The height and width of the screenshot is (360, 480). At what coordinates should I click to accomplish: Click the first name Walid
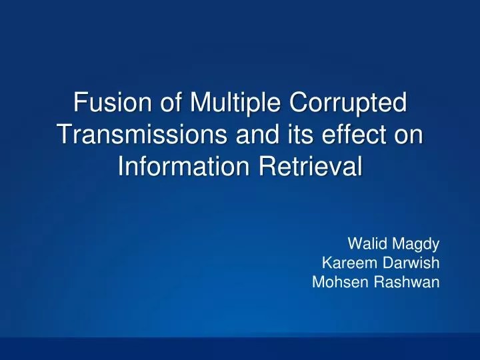(364, 244)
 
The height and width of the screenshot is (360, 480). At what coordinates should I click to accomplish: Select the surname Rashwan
(406, 281)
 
